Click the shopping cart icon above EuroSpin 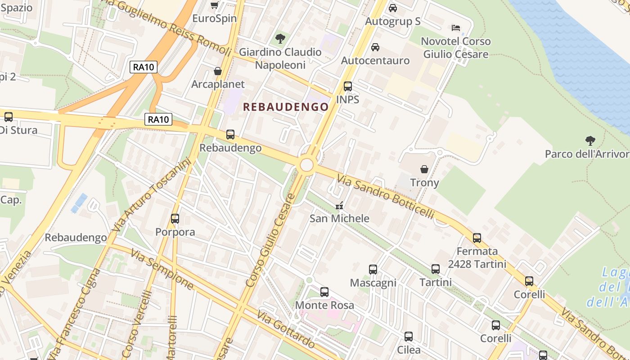coord(215,5)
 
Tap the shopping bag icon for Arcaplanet coord(218,71)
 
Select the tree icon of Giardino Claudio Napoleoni coord(280,39)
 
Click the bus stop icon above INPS coord(347,86)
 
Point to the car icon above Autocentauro coord(375,47)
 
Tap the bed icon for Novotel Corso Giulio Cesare coord(455,28)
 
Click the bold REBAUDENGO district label coord(286,107)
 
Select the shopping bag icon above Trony coord(424,169)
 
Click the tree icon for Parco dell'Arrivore coord(590,141)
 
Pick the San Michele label coord(339,218)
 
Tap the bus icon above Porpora coord(175,219)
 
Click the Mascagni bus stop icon coord(373,270)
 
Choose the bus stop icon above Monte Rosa coord(324,292)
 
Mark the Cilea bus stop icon coord(409,337)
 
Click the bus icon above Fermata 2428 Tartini coord(477,238)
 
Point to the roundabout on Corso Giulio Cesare coord(306,165)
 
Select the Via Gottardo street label coord(285,329)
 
